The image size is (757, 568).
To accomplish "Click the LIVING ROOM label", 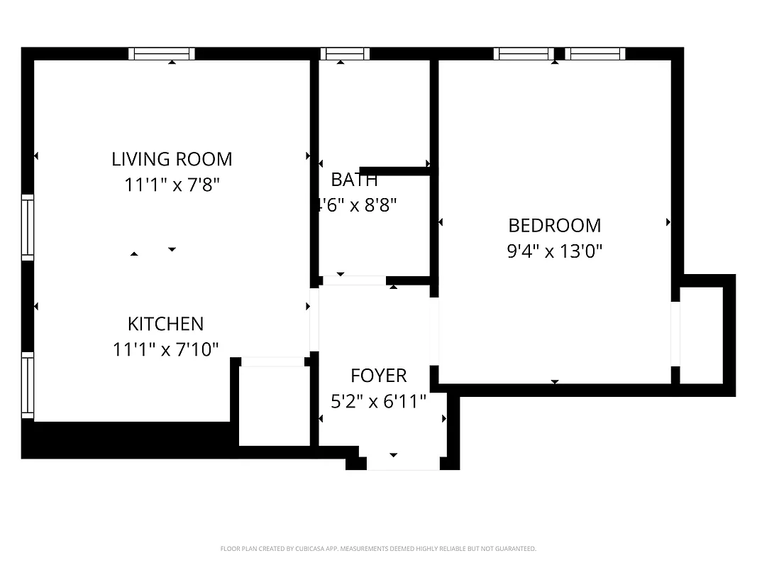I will pos(172,159).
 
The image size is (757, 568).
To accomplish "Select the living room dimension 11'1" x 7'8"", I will pos(172,185).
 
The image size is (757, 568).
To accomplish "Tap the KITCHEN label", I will pos(165,324).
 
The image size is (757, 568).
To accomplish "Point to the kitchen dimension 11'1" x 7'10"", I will pos(165,349).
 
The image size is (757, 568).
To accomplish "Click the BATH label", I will pos(354,180).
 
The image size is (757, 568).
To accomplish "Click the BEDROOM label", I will pos(554,226).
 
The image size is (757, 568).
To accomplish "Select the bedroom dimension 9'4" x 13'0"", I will pos(554,251).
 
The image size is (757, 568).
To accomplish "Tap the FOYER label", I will pos(379,376).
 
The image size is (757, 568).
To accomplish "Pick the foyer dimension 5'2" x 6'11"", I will pos(379,402).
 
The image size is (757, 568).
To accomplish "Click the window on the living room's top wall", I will pos(162,54).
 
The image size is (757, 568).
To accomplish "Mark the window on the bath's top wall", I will pos(345,54).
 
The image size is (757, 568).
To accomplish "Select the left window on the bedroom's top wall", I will pos(524,54).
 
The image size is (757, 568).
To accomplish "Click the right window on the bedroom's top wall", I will pos(595,54).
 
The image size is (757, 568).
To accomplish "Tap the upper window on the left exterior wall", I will pos(28,227).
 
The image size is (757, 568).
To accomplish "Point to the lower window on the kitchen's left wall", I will pos(28,386).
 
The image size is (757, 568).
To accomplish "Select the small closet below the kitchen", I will pos(274,405).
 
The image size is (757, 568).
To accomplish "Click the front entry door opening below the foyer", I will pos(403,463).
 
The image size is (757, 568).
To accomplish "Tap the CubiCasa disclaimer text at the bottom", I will pos(378,549).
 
